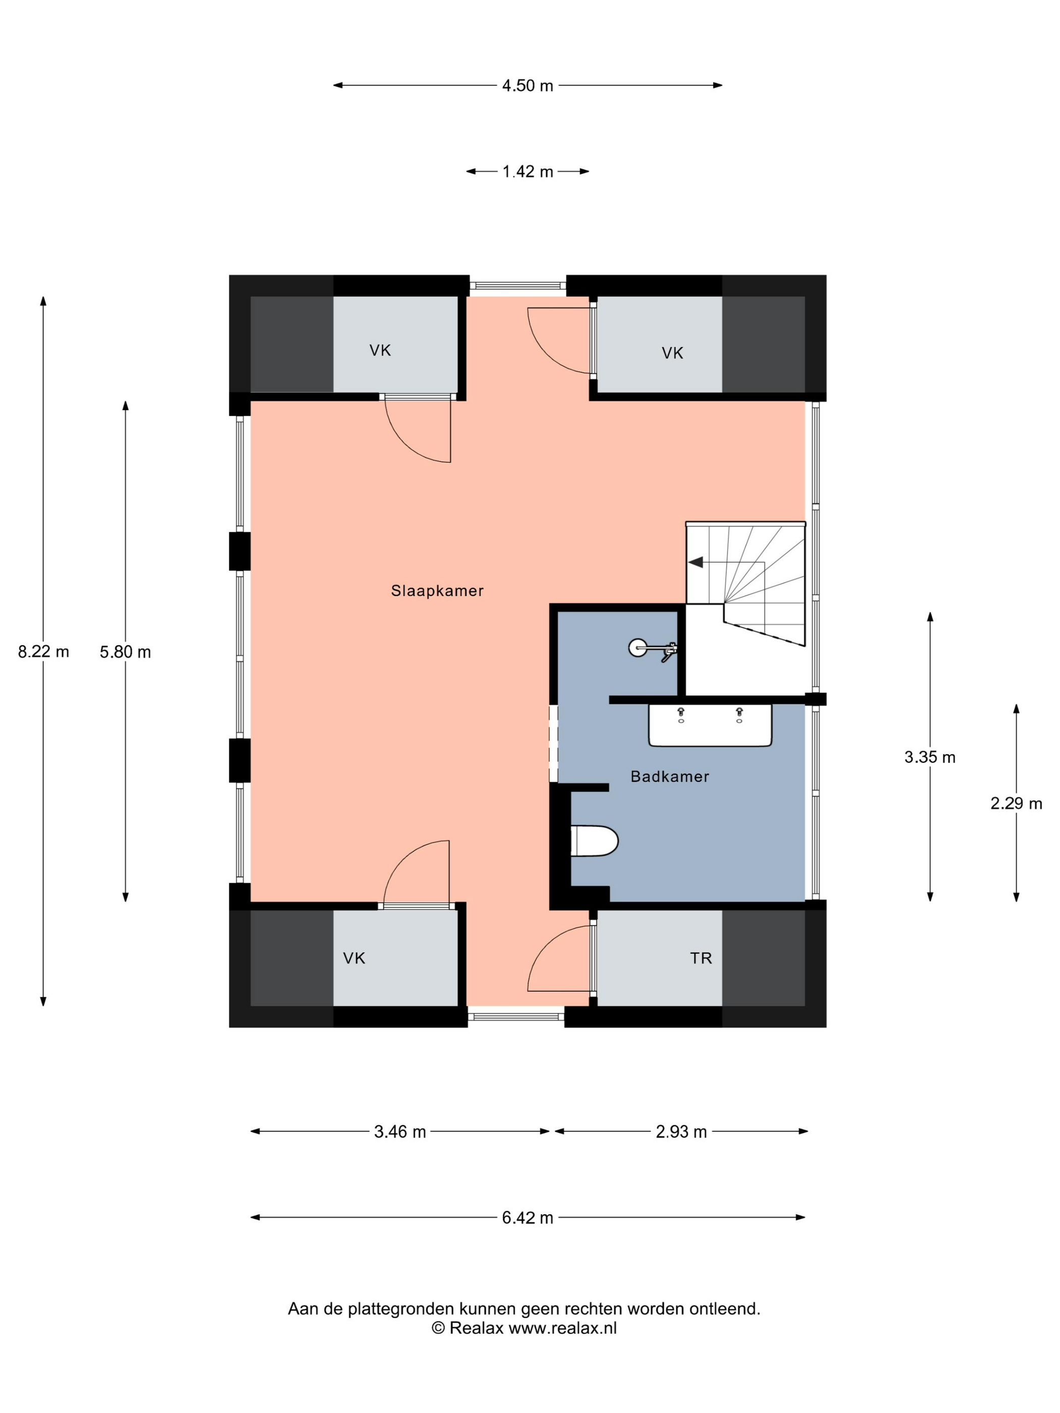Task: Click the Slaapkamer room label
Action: (437, 591)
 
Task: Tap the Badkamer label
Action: (670, 777)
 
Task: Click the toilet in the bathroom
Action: (594, 841)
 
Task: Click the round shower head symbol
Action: (637, 648)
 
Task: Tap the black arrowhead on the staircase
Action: (695, 562)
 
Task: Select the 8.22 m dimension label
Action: (43, 651)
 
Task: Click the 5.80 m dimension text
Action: (125, 651)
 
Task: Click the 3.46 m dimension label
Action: (400, 1132)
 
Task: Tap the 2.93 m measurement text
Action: (681, 1132)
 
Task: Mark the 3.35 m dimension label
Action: (930, 757)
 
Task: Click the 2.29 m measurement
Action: (1016, 803)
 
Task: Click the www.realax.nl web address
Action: (563, 1328)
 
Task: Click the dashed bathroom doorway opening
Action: (553, 743)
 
